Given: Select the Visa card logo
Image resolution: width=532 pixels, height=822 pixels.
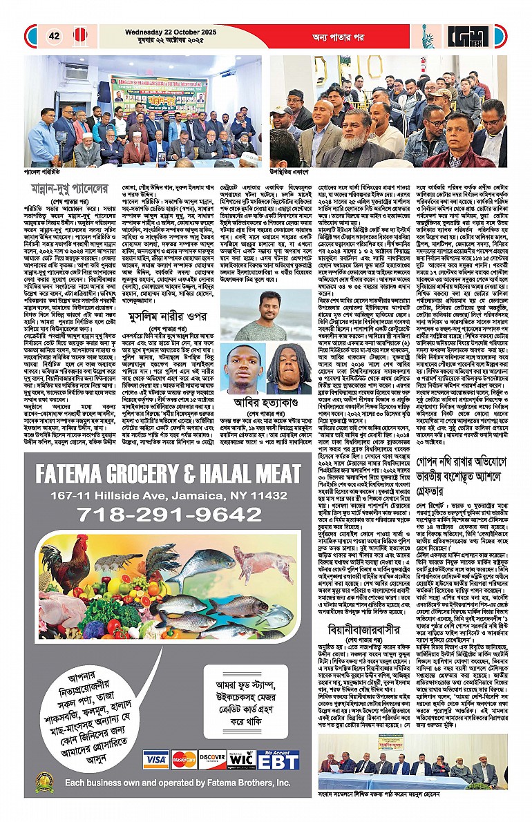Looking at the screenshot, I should point(156,760).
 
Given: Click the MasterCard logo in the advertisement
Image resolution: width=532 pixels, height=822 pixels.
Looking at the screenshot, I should point(184,760).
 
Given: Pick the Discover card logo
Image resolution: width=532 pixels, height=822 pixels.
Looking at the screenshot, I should point(212,760).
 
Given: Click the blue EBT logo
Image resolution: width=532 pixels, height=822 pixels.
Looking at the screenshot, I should point(279,760).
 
